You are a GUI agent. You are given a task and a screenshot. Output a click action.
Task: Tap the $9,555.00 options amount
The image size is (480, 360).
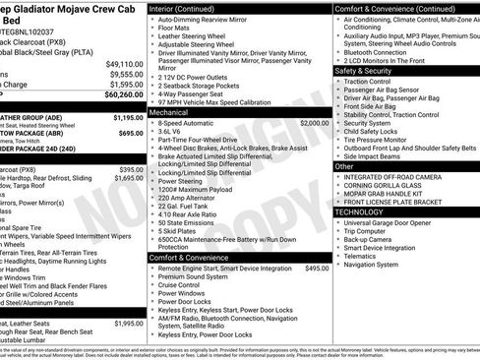126,73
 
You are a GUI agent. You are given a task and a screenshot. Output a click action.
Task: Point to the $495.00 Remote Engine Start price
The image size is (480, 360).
317,268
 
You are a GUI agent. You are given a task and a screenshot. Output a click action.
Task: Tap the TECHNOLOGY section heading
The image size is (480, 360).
358,211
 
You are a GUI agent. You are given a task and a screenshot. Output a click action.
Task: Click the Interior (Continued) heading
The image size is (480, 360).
189,7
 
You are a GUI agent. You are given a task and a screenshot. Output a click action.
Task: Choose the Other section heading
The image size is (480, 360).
344,166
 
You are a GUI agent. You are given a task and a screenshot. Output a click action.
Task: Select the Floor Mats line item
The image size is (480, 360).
172,28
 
